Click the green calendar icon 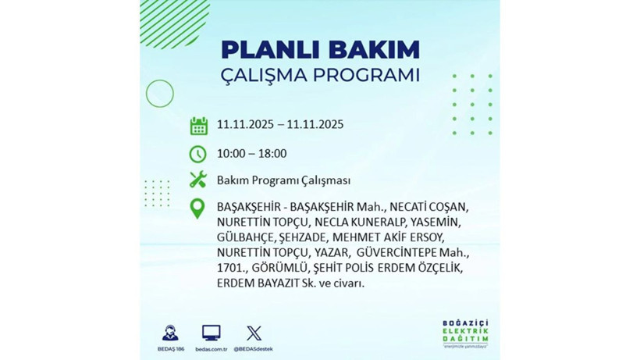coord(198,126)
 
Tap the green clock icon coord(198,154)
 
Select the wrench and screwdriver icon coord(198,180)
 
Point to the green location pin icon coord(198,208)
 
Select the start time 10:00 coord(232,154)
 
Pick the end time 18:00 coord(272,154)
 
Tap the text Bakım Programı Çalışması coord(283,180)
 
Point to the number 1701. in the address coord(231,269)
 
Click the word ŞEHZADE coord(300,238)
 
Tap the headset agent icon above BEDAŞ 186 coord(170,333)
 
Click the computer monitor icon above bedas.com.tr coord(211,333)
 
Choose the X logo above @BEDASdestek coord(254,333)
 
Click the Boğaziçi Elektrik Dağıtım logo coord(468,333)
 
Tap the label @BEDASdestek coord(254,348)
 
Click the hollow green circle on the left coord(159,94)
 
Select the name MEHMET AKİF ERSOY coord(400,238)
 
